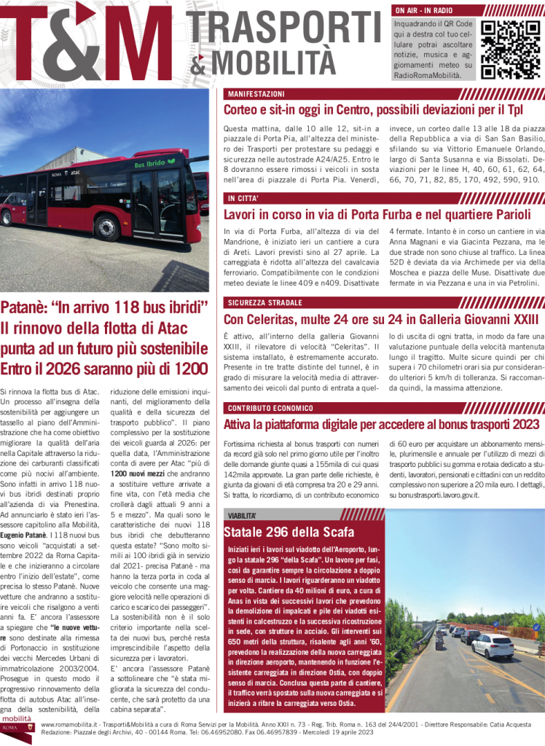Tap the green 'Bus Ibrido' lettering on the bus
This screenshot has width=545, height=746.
tap(149, 165)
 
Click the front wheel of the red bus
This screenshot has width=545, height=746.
tap(108, 228)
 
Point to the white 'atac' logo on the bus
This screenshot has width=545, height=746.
tap(76, 173)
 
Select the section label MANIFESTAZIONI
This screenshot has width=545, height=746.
tap(256, 95)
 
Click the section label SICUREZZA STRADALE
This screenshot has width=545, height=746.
tap(264, 302)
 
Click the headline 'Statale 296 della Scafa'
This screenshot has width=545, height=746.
tap(289, 531)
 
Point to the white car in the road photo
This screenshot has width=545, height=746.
tap(493, 645)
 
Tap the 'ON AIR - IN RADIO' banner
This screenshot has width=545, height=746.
tap(424, 11)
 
